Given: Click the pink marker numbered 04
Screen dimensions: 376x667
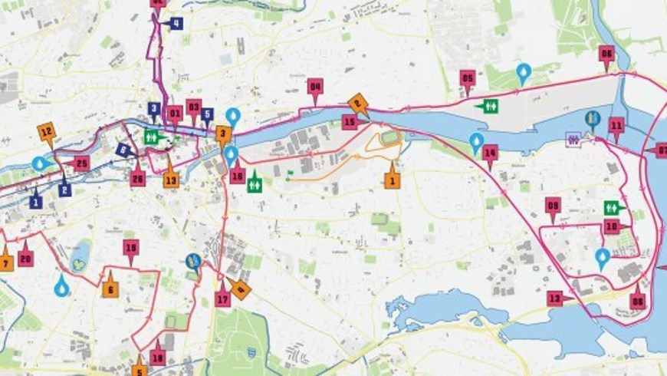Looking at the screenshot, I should coord(315,86).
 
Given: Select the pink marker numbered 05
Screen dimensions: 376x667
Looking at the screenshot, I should coord(468,78).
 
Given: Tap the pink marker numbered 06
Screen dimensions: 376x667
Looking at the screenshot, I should coord(606,54).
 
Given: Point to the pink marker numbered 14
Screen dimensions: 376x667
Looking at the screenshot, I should coord(491,153).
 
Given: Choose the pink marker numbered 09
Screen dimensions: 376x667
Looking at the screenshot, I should coord(553,205).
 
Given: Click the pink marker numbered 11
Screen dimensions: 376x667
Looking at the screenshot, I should coord(616,125).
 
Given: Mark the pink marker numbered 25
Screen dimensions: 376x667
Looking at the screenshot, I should coord(82,163).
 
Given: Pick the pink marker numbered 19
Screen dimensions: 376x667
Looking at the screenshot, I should coord(130,247).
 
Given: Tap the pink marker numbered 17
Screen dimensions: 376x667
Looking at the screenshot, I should coord(223,298).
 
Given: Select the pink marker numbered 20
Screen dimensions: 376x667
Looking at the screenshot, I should coord(26,259).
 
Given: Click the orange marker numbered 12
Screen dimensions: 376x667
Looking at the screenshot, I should coord(46,130).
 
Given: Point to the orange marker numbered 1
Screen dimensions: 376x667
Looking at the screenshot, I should coord(393,181).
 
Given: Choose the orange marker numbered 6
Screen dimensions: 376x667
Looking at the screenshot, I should coord(110,289).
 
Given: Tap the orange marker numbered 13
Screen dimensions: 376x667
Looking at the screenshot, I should coord(171,180).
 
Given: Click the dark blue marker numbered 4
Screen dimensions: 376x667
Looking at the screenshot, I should coord(176,24).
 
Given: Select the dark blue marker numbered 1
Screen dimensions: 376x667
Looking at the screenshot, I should coord(35,202).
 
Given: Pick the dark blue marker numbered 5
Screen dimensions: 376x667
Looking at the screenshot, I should coord(207,114).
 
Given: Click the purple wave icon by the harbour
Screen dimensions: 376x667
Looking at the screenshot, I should coord(574,138).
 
